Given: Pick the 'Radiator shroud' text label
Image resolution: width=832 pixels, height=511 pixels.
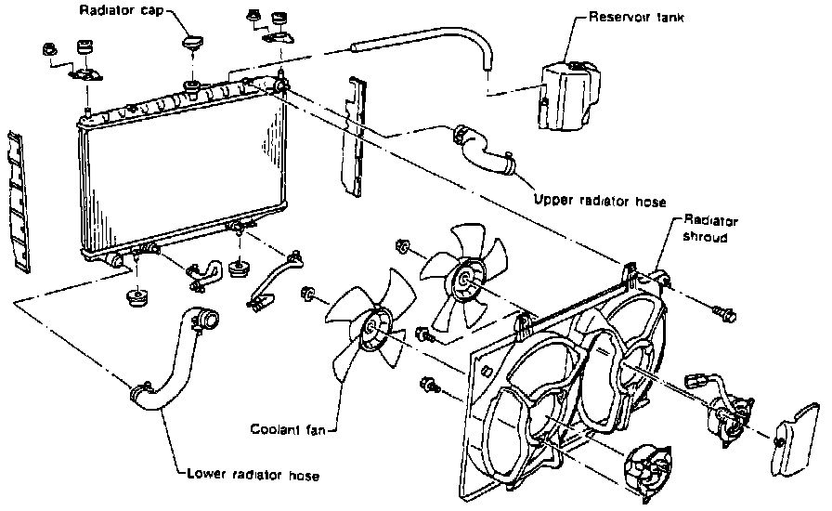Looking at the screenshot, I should tap(710, 229).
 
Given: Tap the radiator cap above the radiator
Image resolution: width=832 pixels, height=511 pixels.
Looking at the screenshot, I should tap(194, 44).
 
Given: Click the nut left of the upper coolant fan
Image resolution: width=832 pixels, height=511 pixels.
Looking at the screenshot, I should tap(403, 247).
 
